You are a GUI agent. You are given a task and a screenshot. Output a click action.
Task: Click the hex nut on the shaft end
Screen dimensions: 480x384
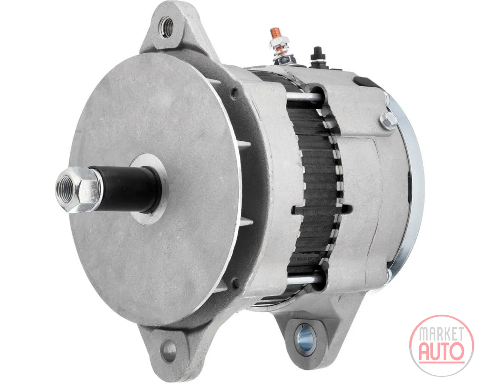tap(78, 190)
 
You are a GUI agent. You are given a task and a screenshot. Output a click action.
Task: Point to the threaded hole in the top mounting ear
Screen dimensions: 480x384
tap(166, 27)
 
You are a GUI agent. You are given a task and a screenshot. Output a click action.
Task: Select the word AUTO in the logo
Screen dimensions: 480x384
tap(442, 352)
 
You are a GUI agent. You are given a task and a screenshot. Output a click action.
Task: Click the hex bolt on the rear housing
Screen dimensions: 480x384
tap(388, 120)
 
